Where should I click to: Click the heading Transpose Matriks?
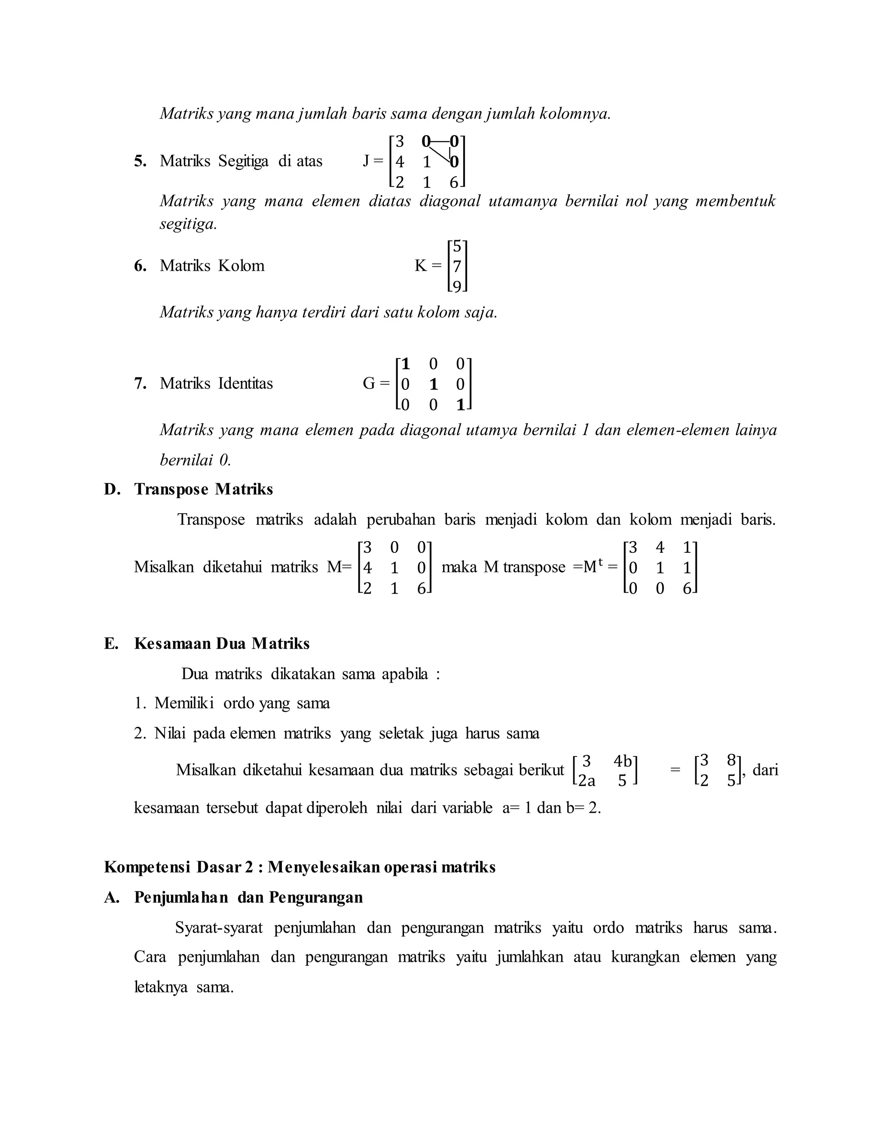(x=203, y=489)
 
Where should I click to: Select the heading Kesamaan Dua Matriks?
(x=222, y=643)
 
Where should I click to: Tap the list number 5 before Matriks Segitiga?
(x=140, y=161)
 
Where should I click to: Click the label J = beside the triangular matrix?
(x=373, y=161)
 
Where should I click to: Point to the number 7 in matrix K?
(x=457, y=266)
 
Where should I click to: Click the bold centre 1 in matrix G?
(x=433, y=384)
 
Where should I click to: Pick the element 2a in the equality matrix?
(x=587, y=781)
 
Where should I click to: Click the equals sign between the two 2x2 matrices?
(x=675, y=770)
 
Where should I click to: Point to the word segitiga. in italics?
(x=188, y=224)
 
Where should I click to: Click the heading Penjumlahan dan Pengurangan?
(x=248, y=897)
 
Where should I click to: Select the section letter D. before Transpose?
(x=112, y=489)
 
